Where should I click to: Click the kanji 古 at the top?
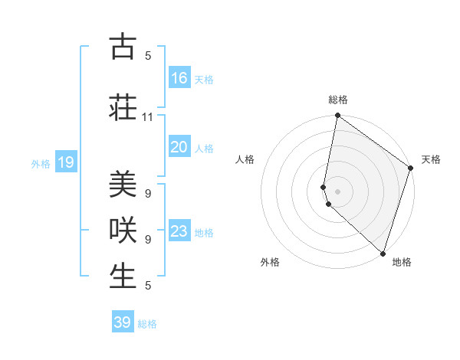122,47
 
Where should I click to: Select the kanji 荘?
122,106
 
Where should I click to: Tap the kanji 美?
122,184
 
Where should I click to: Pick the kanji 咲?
122,230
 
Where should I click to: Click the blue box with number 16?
179,77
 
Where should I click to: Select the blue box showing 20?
179,147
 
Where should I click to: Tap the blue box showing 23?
179,231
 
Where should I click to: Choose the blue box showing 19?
66,162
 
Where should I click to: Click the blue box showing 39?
123,322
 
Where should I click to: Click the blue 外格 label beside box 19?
41,163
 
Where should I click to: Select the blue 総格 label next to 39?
147,324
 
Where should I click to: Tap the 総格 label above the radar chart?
338,100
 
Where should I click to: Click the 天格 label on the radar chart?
431,159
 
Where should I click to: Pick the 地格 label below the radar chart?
402,262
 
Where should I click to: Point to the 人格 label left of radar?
245,159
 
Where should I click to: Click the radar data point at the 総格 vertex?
337,116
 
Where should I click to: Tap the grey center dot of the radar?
337,189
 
